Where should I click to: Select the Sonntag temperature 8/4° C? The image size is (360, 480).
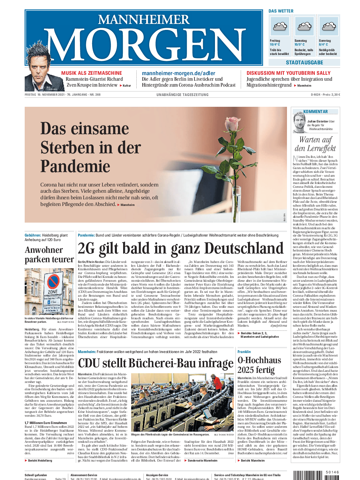coord(323,45)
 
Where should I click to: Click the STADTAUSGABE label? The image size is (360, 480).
coord(304,63)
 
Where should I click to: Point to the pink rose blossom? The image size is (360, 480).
coord(232,124)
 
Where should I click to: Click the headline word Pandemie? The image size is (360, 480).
coord(75,166)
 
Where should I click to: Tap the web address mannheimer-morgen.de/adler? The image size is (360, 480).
coord(178,73)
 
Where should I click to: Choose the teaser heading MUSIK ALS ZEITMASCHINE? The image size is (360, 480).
coord(91,73)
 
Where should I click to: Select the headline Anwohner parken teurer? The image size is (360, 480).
coord(49,255)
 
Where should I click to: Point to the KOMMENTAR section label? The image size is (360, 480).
coord(315,112)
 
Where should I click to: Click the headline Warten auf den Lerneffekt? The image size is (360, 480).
coord(315,144)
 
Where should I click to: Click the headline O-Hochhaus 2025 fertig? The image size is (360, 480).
coord(259,365)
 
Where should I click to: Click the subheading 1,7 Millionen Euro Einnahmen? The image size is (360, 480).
coord(46,423)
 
